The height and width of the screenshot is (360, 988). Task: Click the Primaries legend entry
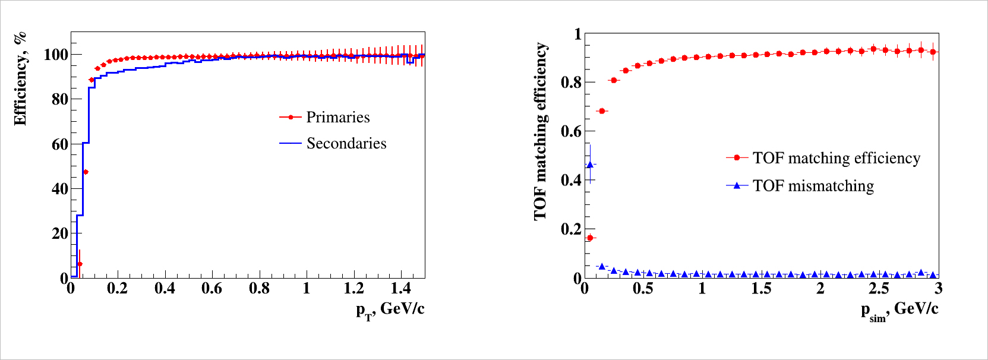pyautogui.click(x=337, y=117)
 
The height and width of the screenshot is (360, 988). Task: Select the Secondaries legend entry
pyautogui.click(x=346, y=143)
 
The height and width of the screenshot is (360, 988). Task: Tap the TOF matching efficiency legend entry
pyautogui.click(x=836, y=158)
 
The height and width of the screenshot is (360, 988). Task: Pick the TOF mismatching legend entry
pyautogui.click(x=813, y=186)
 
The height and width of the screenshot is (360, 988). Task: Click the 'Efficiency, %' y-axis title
pyautogui.click(x=20, y=78)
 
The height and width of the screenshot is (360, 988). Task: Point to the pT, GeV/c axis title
pyautogui.click(x=390, y=310)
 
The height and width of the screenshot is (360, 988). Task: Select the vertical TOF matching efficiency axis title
pyautogui.click(x=540, y=131)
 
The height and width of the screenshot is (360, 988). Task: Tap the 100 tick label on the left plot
pyautogui.click(x=56, y=55)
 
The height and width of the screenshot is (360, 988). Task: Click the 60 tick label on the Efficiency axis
pyautogui.click(x=59, y=144)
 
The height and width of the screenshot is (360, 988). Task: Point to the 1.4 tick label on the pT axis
pyautogui.click(x=401, y=289)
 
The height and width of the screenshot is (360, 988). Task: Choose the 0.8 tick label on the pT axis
pyautogui.click(x=259, y=289)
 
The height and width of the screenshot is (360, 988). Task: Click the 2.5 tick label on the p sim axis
pyautogui.click(x=879, y=289)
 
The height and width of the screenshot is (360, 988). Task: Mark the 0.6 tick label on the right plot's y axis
pyautogui.click(x=571, y=131)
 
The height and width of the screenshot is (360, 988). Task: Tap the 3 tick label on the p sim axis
pyautogui.click(x=938, y=289)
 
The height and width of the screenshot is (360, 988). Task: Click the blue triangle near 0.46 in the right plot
pyautogui.click(x=590, y=165)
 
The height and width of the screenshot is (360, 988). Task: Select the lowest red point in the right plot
pyautogui.click(x=590, y=238)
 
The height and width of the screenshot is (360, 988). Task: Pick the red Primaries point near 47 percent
pyautogui.click(x=86, y=172)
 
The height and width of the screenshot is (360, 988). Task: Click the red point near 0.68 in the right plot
pyautogui.click(x=602, y=111)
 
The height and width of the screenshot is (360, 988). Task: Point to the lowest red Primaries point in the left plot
pyautogui.click(x=80, y=264)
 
